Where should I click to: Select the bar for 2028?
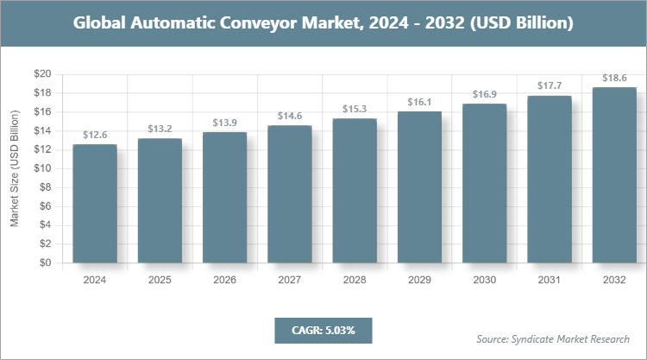click(355, 191)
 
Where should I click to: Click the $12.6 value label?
click(95, 135)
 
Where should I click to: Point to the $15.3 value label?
click(355, 109)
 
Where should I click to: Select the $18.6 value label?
click(614, 78)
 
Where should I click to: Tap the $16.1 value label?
click(420, 101)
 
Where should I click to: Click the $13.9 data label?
click(225, 123)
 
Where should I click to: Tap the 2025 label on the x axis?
click(160, 280)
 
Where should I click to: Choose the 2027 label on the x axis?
click(290, 280)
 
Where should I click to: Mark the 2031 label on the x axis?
click(550, 280)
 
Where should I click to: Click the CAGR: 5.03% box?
click(323, 330)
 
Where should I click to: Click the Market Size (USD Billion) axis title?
click(15, 169)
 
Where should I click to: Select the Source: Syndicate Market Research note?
click(553, 338)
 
